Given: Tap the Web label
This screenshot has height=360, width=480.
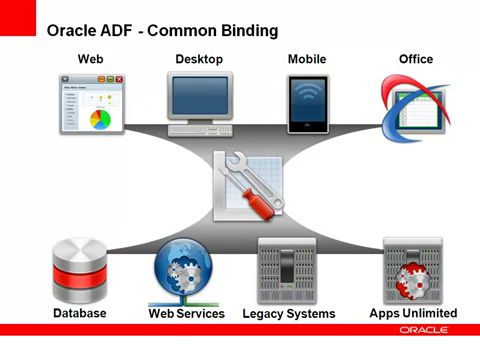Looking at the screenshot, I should click(90, 60).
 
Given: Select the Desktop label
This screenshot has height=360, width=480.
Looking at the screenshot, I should click(199, 60).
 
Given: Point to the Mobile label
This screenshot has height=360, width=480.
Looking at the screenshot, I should click(307, 60).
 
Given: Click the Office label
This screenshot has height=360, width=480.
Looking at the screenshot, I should click(415, 60).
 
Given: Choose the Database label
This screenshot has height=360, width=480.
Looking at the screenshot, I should click(80, 313).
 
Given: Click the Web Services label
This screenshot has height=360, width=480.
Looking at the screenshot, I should click(186, 313).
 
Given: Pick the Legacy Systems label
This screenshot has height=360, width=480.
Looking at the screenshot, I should click(289, 313).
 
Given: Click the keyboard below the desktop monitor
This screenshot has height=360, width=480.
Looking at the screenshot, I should click(200, 130).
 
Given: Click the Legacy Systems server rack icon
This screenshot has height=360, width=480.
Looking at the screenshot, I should click(287, 271).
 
